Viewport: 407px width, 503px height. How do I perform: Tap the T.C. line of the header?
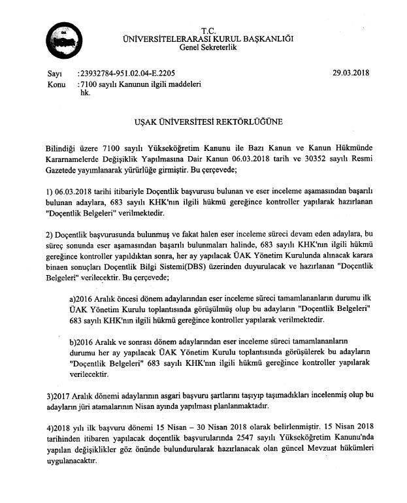pyautogui.click(x=208, y=30)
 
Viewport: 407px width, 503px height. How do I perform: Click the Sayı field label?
pyautogui.click(x=55, y=73)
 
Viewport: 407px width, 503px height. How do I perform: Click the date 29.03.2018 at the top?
pyautogui.click(x=351, y=73)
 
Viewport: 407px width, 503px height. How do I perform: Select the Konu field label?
pyautogui.click(x=57, y=84)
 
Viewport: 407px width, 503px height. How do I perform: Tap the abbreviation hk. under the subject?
pyautogui.click(x=84, y=93)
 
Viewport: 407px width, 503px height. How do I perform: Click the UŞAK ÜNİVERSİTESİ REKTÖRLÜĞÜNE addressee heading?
pyautogui.click(x=208, y=122)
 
